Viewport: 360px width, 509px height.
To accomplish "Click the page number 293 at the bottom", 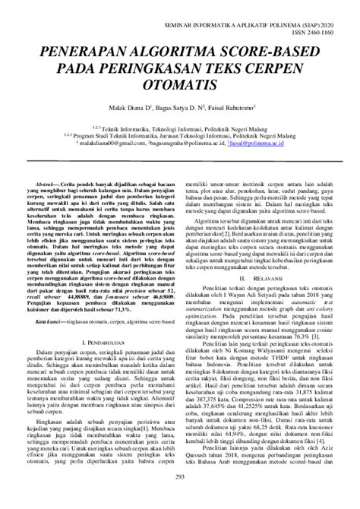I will coord(180,497).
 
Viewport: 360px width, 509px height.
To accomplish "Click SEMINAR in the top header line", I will coord(180,24).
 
